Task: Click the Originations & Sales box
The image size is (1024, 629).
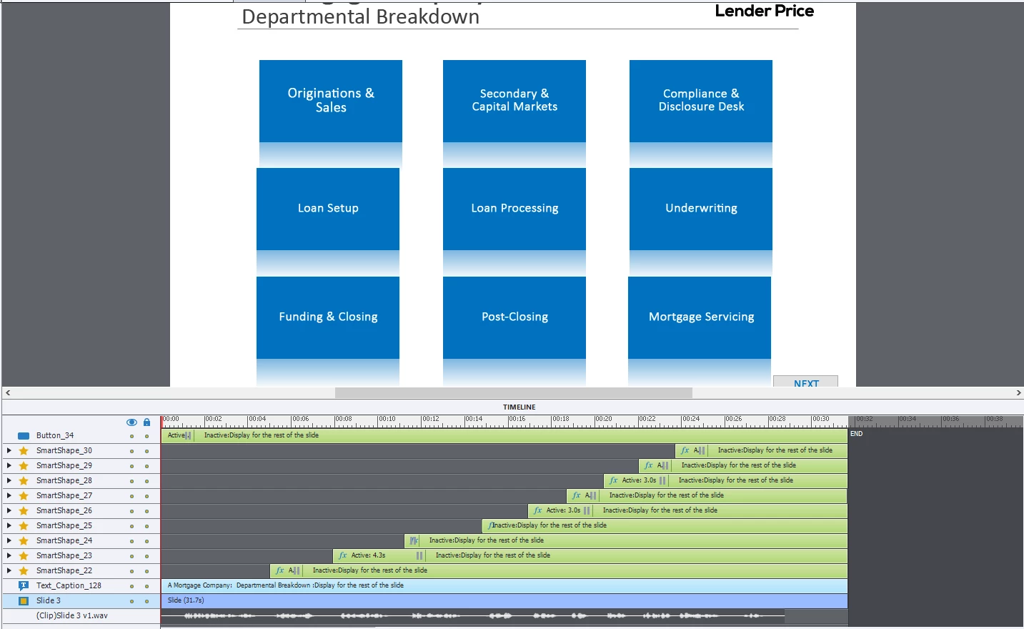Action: tap(330, 101)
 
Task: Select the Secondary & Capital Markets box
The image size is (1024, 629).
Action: tap(515, 101)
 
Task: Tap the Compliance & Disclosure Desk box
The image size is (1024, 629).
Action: tap(700, 101)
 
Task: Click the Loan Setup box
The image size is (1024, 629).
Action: tap(328, 209)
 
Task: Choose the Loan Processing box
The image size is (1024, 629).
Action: tap(515, 209)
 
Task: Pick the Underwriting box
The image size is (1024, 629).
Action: tap(700, 209)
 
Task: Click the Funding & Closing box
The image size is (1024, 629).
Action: tap(328, 317)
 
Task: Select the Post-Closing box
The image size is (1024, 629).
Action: tap(515, 317)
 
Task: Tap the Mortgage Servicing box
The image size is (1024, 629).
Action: tap(700, 317)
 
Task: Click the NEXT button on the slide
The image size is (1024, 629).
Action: tap(805, 382)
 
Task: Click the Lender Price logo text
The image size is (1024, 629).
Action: tap(764, 11)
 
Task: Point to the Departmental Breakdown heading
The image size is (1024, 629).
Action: tap(360, 17)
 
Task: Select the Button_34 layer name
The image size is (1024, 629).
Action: tap(55, 435)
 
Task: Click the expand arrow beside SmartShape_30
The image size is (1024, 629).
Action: tap(9, 450)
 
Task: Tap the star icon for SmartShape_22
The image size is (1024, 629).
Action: tap(24, 571)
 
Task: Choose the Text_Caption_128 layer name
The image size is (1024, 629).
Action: tap(69, 585)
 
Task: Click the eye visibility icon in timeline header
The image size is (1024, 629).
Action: tap(131, 422)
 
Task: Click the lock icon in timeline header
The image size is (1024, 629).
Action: tap(146, 422)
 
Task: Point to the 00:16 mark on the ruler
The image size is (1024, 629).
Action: tap(516, 420)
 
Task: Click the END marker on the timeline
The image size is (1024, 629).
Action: tap(856, 434)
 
